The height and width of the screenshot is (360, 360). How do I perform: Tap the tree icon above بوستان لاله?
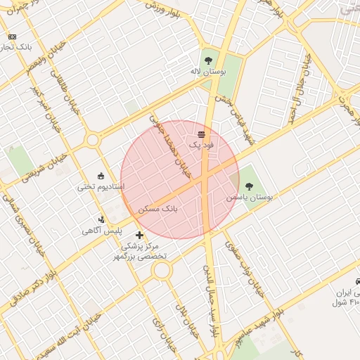[x=208, y=60]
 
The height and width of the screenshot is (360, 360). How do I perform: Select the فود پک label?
[x=202, y=144]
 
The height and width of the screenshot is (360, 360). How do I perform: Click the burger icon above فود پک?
[x=202, y=134]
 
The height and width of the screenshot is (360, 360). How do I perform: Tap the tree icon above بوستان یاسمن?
[x=249, y=186]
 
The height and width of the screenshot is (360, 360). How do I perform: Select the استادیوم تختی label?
[x=101, y=187]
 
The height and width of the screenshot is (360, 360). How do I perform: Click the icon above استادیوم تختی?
[x=101, y=176]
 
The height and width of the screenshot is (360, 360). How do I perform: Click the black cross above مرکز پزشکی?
[x=139, y=235]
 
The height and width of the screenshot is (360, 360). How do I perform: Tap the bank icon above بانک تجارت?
[x=12, y=37]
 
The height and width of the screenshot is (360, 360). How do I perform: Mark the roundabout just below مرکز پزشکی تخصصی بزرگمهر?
[x=162, y=270]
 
